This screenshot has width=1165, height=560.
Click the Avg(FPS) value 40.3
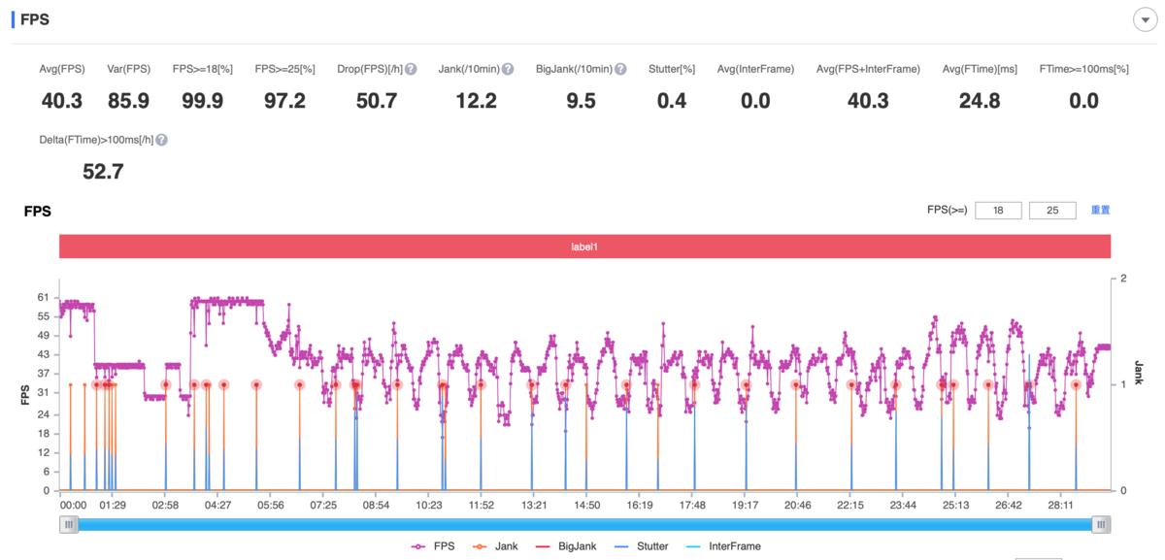click(x=61, y=101)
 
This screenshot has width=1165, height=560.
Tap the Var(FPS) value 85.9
click(x=128, y=101)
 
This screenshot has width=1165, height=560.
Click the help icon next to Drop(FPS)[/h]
click(x=411, y=70)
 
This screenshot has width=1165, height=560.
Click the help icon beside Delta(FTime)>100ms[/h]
click(x=161, y=141)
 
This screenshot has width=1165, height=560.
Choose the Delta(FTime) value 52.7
click(x=103, y=173)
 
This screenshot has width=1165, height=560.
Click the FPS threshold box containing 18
click(x=998, y=210)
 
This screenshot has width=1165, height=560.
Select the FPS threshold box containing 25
click(x=1052, y=210)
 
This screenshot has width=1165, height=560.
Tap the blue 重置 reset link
click(x=1100, y=210)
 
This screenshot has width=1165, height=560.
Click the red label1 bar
click(x=584, y=247)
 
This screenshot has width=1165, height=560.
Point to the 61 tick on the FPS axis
click(x=43, y=296)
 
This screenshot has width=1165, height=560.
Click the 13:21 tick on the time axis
click(x=534, y=506)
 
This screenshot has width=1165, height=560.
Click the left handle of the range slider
click(x=68, y=525)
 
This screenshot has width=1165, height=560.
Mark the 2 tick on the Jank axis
click(x=1123, y=279)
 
